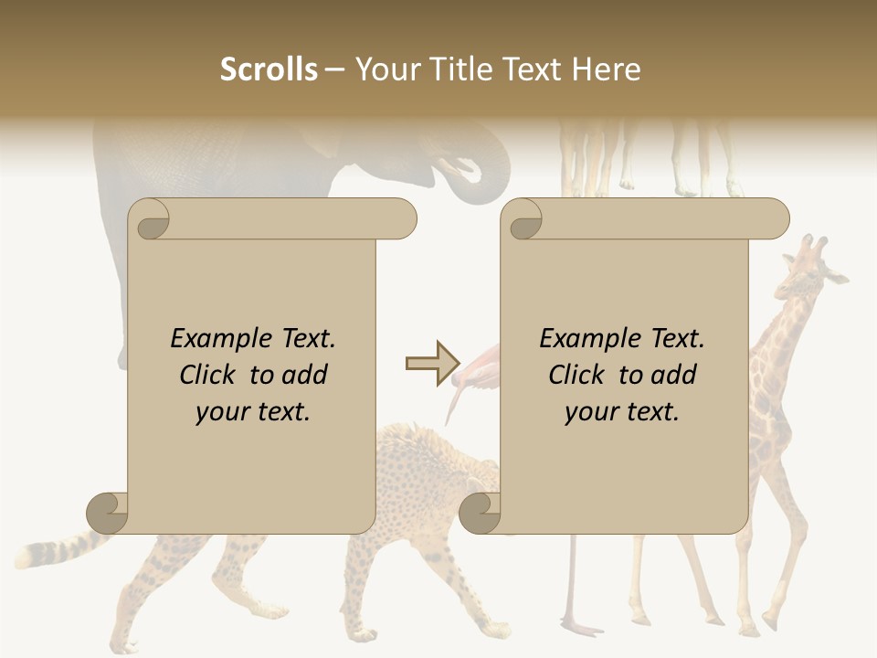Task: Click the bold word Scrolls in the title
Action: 269,69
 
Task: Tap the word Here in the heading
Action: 606,69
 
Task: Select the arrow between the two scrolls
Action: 432,364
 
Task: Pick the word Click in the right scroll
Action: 576,375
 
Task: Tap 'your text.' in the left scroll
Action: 253,411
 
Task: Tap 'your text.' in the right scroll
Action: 622,411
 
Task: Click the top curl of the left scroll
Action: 150,220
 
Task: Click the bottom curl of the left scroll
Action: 108,512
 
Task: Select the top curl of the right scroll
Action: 523,220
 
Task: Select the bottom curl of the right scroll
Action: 480,512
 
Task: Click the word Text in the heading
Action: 532,69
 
